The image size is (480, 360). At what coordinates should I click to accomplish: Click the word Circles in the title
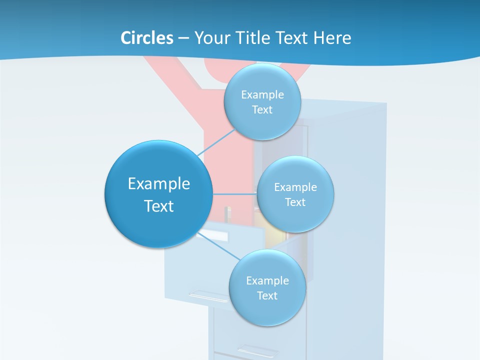coord(146,38)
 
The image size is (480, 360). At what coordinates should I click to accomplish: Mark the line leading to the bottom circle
coord(220,245)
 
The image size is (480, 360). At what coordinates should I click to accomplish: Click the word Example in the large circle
coord(158,184)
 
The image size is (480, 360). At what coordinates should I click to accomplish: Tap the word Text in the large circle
coord(158,206)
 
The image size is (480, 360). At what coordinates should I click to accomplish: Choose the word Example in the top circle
coord(262,94)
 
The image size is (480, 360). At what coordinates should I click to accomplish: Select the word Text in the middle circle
coord(295,202)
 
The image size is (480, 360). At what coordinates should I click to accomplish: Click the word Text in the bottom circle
coord(267,295)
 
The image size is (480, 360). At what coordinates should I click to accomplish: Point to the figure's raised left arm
coord(165,75)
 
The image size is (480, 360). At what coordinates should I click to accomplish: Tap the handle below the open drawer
coord(207,296)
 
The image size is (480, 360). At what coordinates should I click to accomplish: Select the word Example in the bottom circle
coord(267,280)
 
